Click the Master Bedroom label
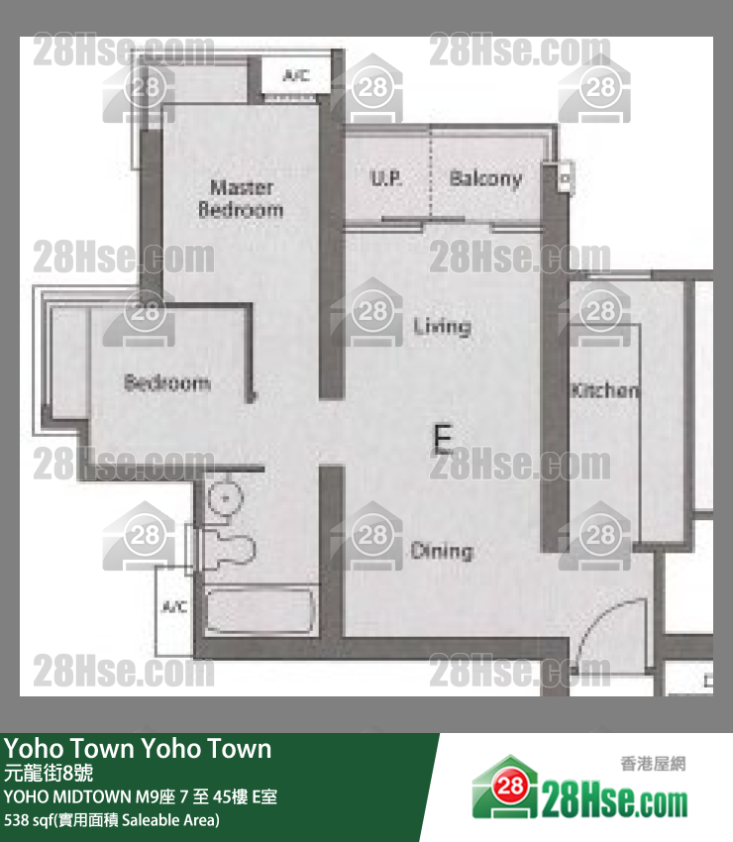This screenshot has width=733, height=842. pos(241,198)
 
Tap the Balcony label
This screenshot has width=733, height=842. pos(485,179)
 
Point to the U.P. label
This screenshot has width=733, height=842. pos(386,177)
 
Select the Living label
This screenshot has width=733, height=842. pos(443,326)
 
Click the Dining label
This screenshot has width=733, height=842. pos(442,551)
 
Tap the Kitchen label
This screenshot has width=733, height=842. pos(605,390)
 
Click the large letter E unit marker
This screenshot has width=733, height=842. pos(443,439)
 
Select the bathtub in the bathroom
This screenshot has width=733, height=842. pos(261,611)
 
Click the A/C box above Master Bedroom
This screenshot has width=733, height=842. pos(296,75)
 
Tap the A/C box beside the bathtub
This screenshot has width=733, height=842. pos(174,610)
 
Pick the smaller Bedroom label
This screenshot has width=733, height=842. pos(167,382)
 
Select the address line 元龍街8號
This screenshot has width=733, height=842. pos(49,773)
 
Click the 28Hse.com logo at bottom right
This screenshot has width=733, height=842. pos(579,788)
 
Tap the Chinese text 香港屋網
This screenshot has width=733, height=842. pos(653,763)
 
